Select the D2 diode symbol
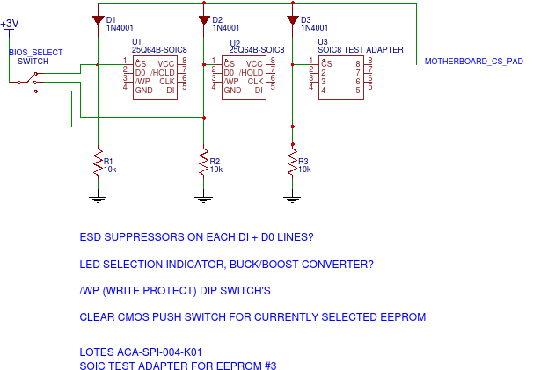(x=203, y=19)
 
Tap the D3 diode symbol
(x=291, y=19)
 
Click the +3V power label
(x=10, y=24)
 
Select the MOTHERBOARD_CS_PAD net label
(x=474, y=62)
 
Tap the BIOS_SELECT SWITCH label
(x=36, y=57)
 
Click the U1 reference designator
(x=137, y=41)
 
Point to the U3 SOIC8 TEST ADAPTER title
(x=360, y=50)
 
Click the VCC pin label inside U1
(x=166, y=63)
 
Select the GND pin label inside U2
(x=232, y=90)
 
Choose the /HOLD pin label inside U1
(x=163, y=72)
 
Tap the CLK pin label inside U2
(x=255, y=81)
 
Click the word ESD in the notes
(x=91, y=237)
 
